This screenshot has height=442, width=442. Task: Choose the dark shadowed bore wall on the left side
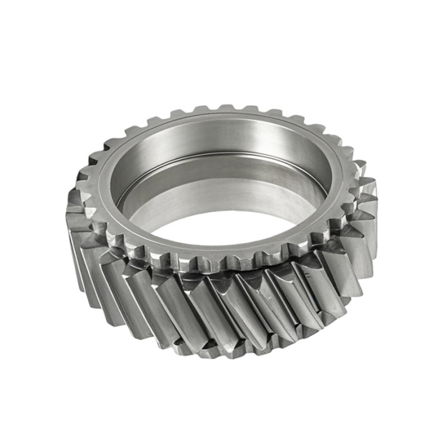(126, 183)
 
